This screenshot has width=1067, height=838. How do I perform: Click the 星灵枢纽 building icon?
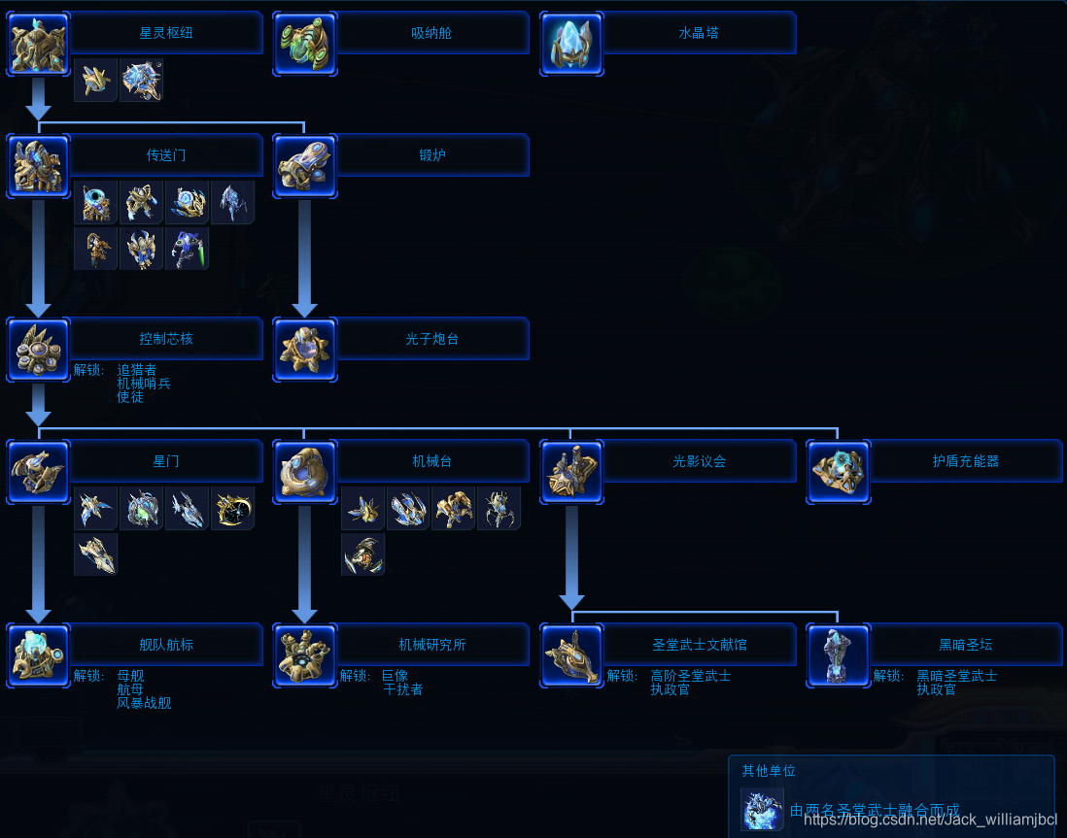pos(39,44)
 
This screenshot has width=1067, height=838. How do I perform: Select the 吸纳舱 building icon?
pos(305,44)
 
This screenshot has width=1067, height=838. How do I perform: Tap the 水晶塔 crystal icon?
pos(571,44)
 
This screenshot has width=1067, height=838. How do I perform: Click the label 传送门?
pos(166,155)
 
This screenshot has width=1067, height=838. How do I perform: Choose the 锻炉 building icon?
pos(305,166)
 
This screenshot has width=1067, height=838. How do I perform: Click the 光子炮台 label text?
pos(431,339)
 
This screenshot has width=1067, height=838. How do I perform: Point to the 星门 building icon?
pos(39,472)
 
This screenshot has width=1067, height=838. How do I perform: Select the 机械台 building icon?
pos(305,472)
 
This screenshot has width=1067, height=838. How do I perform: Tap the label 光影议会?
pos(699,461)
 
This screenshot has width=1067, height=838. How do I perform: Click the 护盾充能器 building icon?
pos(838,472)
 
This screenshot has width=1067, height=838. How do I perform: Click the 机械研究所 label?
pos(431,645)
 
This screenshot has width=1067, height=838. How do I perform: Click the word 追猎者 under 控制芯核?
pos(136,370)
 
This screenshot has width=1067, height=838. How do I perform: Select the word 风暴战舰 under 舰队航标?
pos(144,703)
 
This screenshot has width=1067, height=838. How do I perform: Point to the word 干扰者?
pos(402,689)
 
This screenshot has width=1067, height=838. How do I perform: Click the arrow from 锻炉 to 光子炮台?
pos(305,257)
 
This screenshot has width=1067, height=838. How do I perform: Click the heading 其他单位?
pos(769,771)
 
